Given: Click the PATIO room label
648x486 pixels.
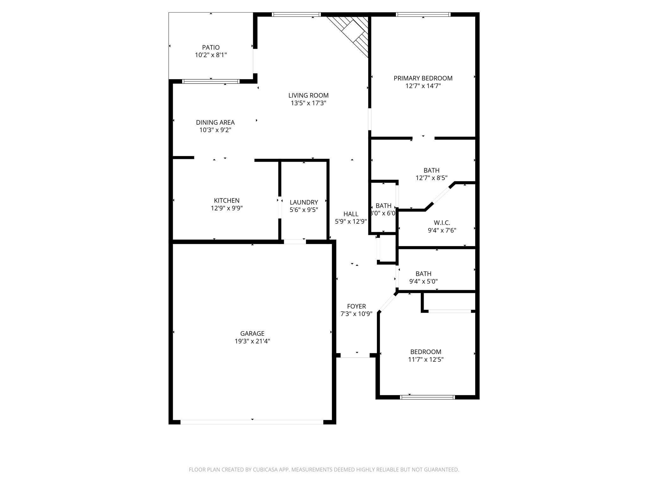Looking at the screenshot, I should [211, 47].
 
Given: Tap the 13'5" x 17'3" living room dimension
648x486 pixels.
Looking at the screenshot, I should [308, 103].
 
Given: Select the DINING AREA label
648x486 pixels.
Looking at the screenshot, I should [215, 122].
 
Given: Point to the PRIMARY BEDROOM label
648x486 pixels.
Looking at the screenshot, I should [423, 78].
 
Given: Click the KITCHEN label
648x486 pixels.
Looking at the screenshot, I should [227, 201].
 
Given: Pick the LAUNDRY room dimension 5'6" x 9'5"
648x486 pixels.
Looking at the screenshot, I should [304, 209].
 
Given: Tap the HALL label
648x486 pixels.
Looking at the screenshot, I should [351, 214].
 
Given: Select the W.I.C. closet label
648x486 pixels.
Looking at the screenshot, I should [442, 223].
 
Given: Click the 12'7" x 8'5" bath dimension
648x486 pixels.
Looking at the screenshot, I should [431, 178].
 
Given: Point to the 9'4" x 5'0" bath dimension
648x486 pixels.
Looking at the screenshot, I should [423, 281].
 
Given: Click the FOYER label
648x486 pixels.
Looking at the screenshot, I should [356, 306].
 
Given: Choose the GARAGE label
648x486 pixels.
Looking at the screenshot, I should [252, 333].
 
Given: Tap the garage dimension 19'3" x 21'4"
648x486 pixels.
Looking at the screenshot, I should [252, 341].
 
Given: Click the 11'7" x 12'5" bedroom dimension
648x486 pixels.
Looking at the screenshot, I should [426, 359].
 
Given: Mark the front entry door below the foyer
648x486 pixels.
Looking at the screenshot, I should [355, 356].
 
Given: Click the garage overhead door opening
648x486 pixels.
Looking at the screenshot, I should [252, 422].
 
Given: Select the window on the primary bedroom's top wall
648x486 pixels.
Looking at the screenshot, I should [423, 14].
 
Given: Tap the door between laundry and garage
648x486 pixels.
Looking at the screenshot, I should [295, 242].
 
